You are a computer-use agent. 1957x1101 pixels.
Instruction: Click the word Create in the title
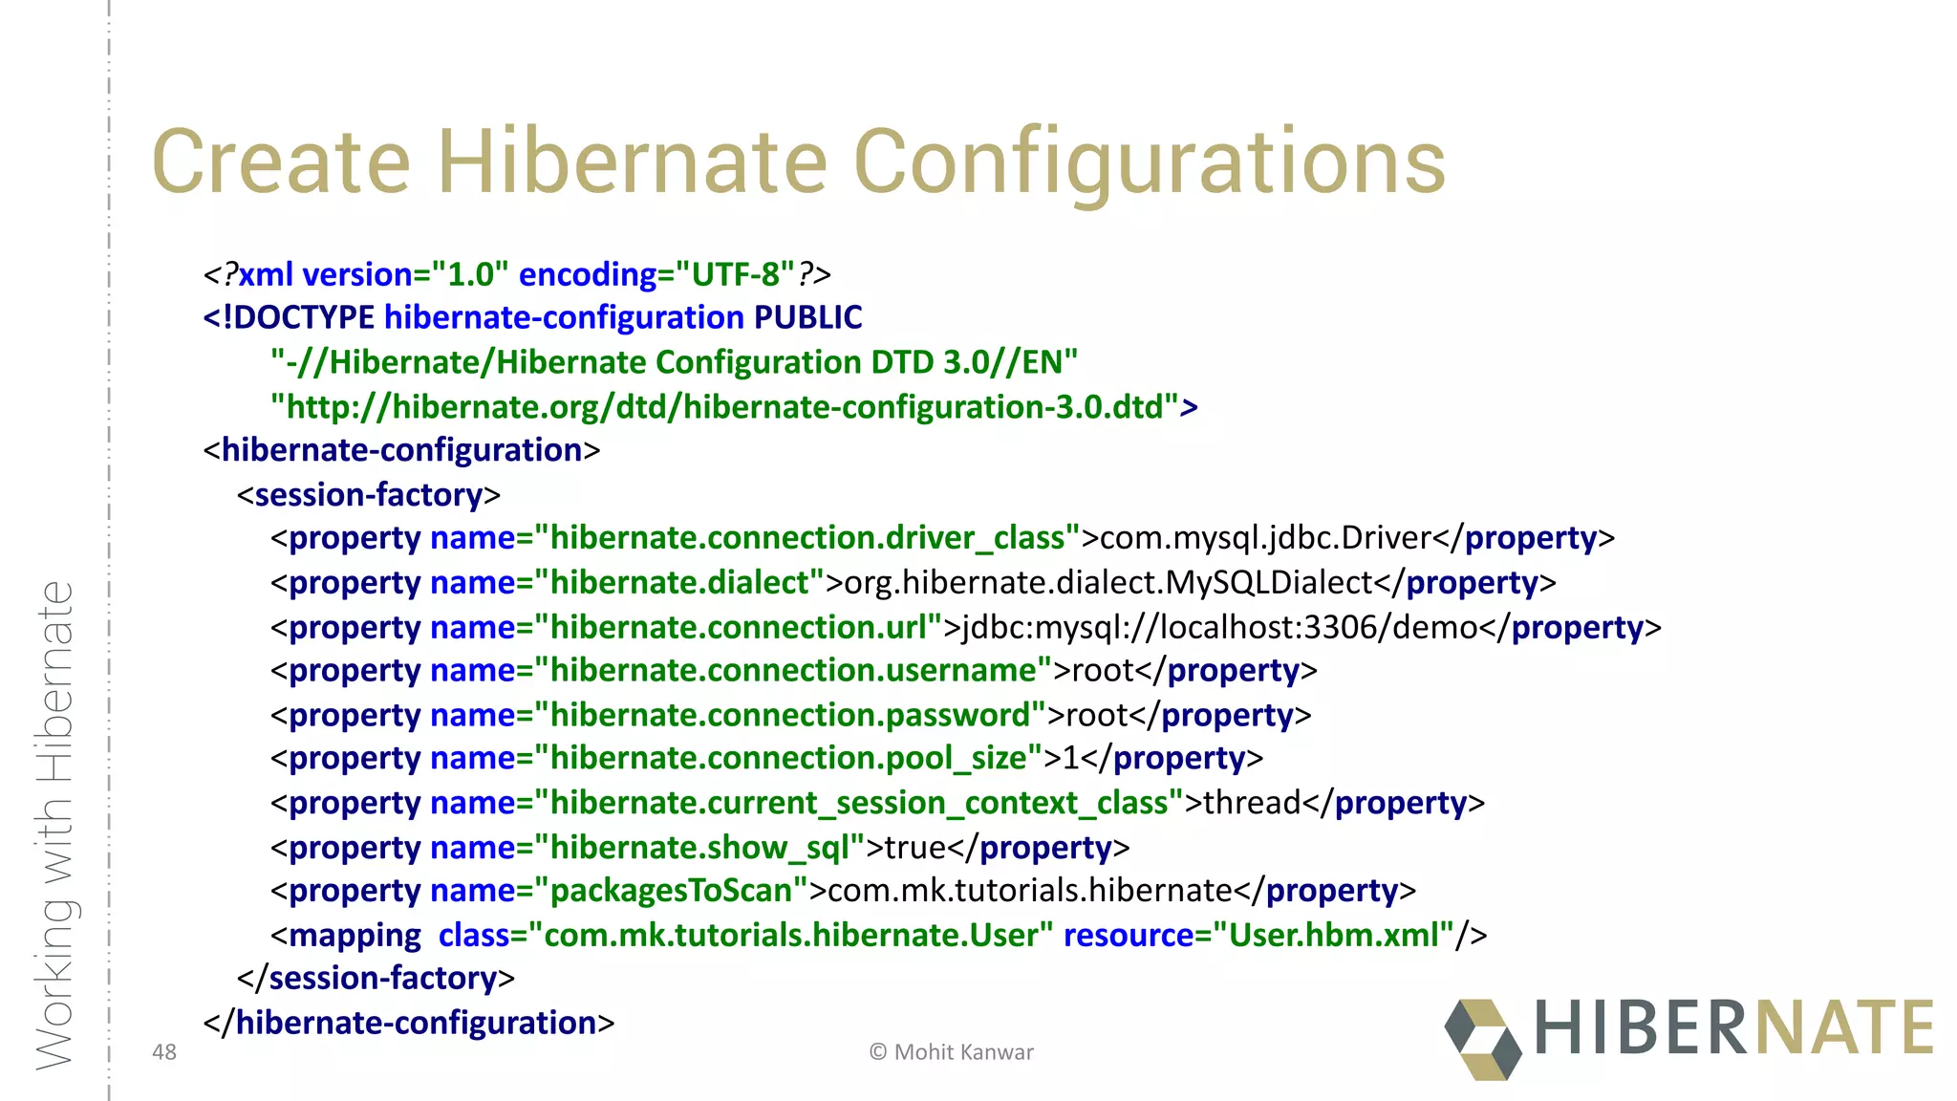pos(281,162)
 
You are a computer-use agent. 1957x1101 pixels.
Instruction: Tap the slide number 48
pos(164,1052)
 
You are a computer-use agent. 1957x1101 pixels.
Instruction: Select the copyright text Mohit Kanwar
pos(963,1052)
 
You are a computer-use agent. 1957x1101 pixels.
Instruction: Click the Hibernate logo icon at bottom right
pos(1483,1040)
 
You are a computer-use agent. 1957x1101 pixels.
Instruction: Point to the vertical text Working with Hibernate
pos(54,826)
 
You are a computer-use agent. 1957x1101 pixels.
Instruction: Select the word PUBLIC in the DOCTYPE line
pos(807,317)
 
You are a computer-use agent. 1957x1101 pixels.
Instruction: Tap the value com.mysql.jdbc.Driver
pos(1265,538)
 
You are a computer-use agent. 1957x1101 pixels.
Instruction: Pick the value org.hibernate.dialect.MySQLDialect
pos(1108,583)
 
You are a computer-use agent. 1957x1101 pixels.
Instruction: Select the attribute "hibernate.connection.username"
pos(793,671)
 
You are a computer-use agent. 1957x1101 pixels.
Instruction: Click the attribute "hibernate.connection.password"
pos(790,716)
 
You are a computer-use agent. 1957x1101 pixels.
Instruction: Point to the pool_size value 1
pos(1071,759)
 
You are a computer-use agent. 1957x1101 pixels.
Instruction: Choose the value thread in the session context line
pos(1252,803)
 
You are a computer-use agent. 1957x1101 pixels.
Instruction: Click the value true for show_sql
pos(914,848)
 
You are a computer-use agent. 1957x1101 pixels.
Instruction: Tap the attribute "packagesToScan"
pos(671,891)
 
